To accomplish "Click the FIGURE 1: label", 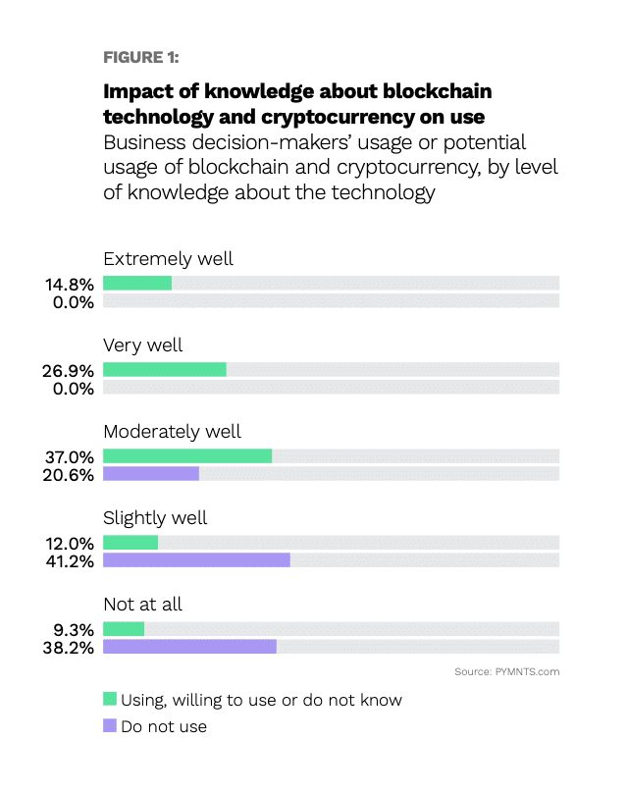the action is click(140, 57).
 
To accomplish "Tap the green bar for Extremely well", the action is click(137, 283).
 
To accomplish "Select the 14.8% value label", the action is click(70, 285).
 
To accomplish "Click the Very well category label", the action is click(142, 345).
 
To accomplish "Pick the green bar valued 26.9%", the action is click(165, 370).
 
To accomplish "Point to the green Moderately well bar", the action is click(187, 455).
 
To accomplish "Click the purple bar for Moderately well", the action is click(151, 473).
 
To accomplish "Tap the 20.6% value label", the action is click(69, 475).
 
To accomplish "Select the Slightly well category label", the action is click(155, 518).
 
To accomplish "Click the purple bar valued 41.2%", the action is click(196, 559).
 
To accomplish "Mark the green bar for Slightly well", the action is click(131, 543).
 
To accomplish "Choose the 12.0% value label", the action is click(70, 544).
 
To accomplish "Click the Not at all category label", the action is click(142, 605).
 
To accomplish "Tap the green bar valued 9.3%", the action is click(124, 628).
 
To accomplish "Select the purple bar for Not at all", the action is click(189, 646).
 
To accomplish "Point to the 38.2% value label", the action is click(69, 648).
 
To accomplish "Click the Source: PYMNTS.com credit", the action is click(507, 671).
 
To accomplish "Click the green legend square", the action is click(110, 698).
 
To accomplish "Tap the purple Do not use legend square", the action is click(110, 725).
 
